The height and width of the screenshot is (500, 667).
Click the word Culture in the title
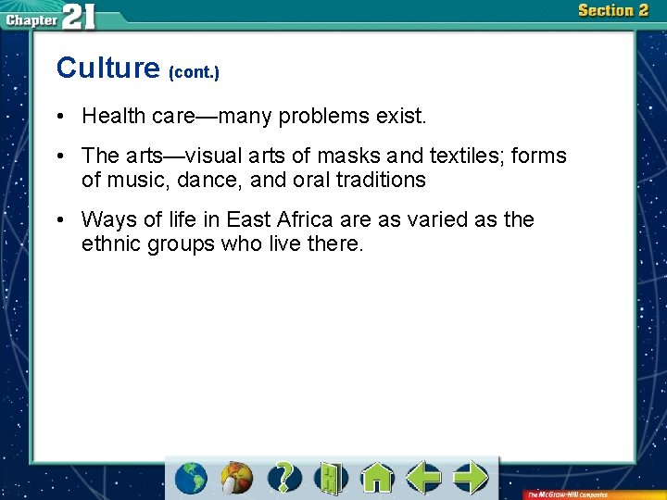pyautogui.click(x=107, y=68)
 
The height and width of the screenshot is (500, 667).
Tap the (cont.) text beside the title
pyautogui.click(x=194, y=71)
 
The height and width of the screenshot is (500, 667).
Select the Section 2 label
pyautogui.click(x=612, y=10)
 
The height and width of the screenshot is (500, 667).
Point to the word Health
pyautogui.click(x=114, y=116)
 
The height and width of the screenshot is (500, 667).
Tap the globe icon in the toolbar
pyautogui.click(x=191, y=478)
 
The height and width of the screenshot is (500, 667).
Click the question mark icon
pyautogui.click(x=284, y=478)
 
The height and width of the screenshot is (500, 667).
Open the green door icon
pyautogui.click(x=330, y=478)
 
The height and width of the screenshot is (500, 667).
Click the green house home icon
pyautogui.click(x=377, y=478)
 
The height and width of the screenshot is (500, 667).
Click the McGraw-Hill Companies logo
pyautogui.click(x=568, y=494)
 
